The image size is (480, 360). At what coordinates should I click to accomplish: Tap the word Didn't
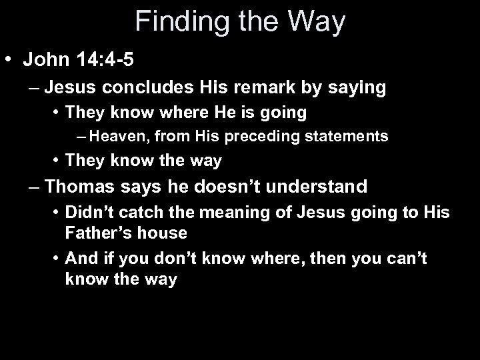pos(86,212)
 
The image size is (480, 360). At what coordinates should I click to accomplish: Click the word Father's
pos(93,233)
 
